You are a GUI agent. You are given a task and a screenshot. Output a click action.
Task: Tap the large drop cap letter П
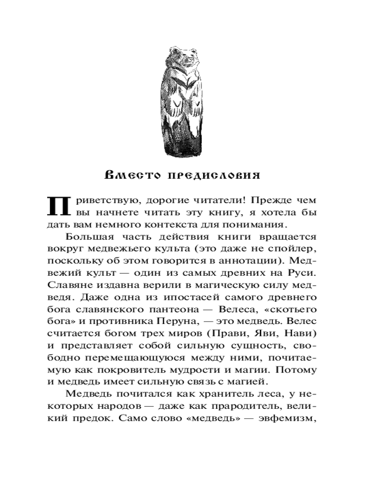pyautogui.click(x=57, y=206)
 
